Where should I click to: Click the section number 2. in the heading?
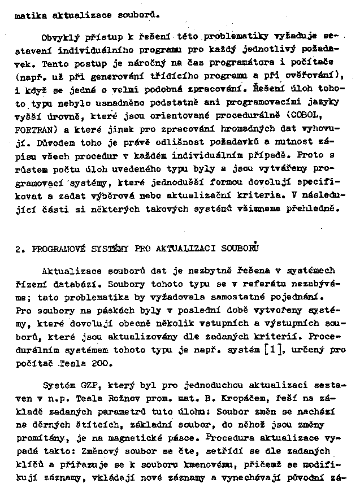pyautogui.click(x=19, y=248)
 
